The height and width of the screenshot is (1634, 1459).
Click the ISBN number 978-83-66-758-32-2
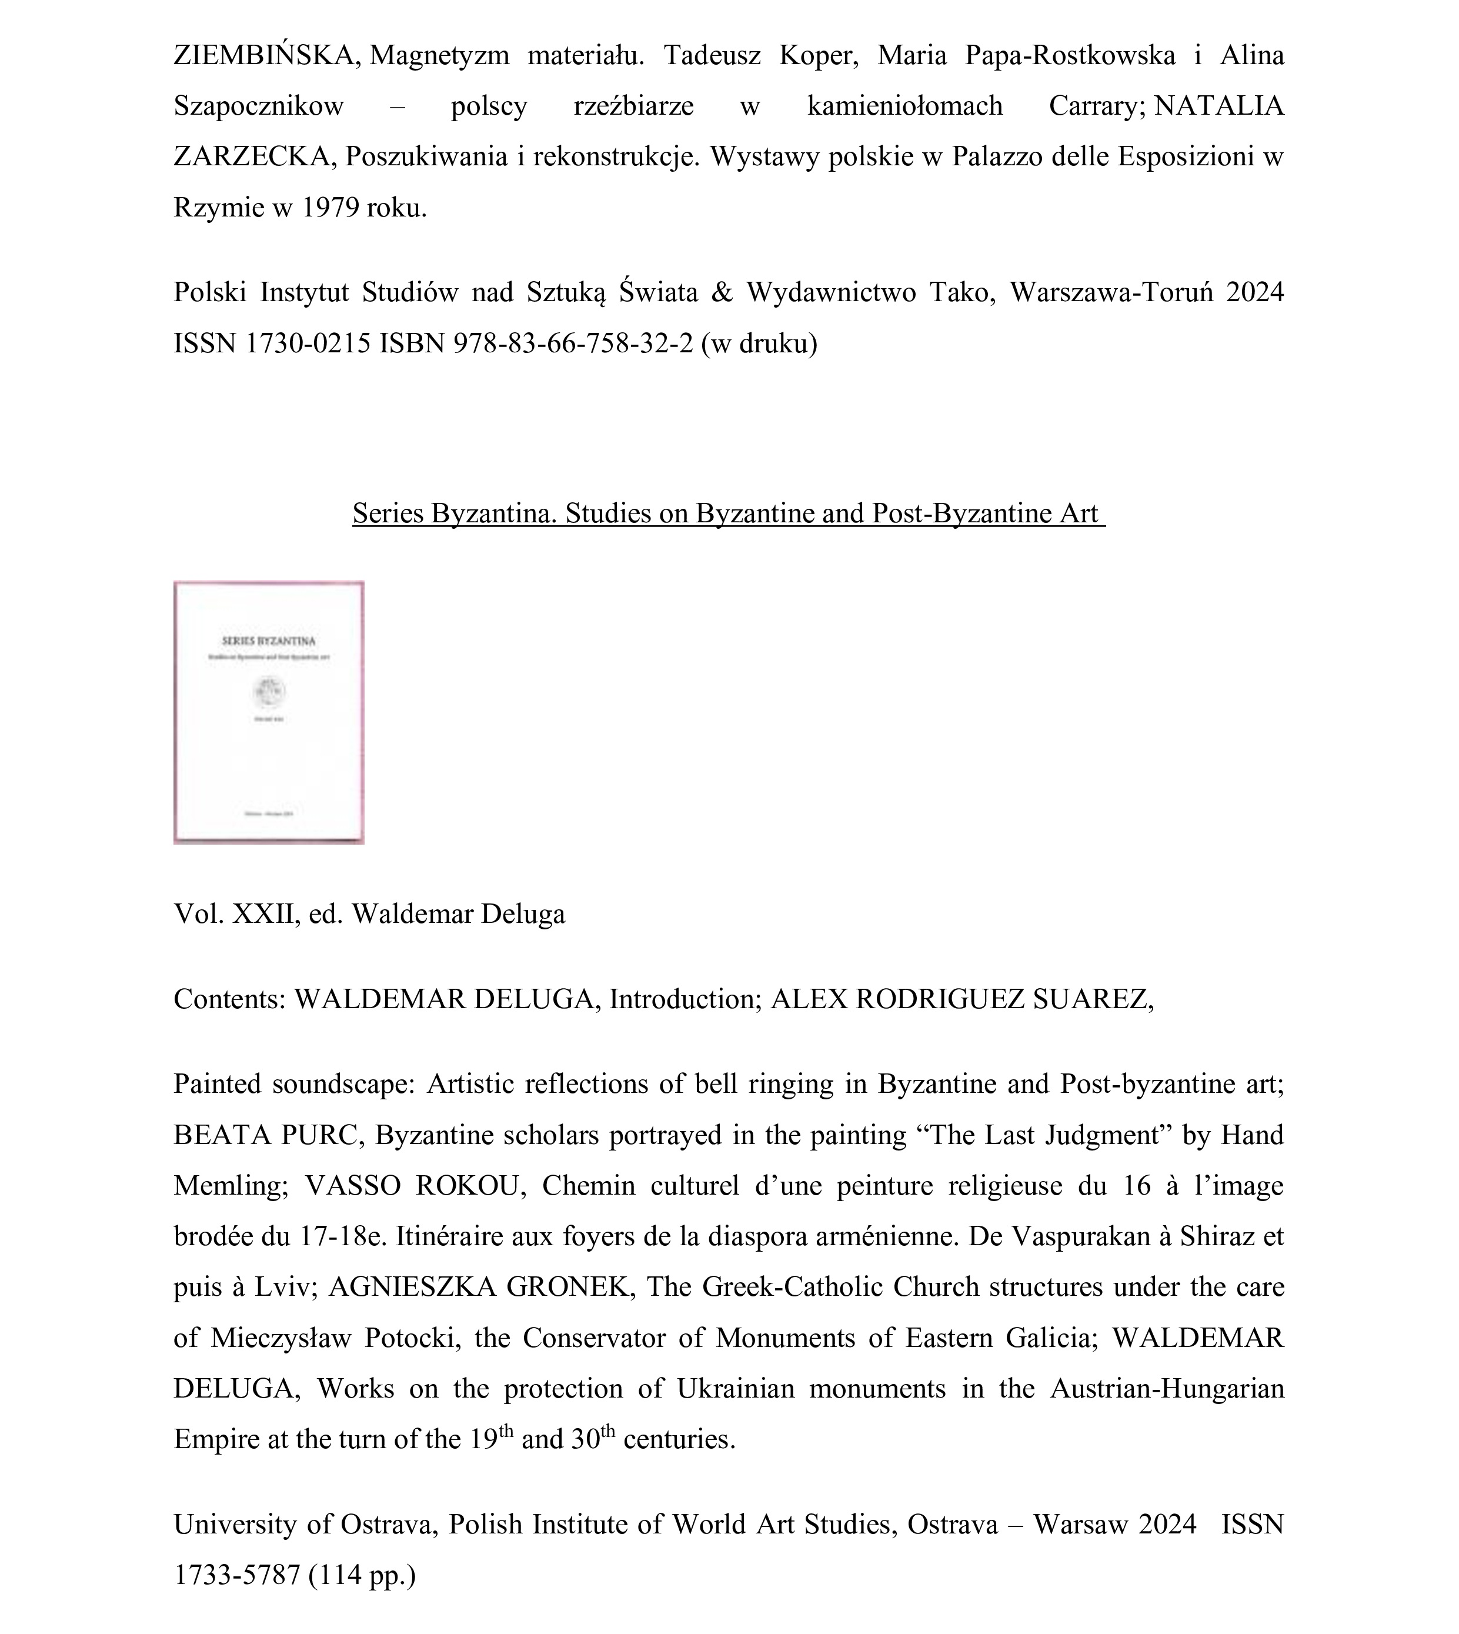pos(572,343)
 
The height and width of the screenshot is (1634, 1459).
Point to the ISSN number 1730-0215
pos(308,343)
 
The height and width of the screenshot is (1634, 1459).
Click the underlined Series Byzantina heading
pos(728,513)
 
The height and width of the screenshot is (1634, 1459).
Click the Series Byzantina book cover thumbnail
pos(269,712)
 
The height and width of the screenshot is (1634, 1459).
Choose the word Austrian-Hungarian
pos(1166,1389)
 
